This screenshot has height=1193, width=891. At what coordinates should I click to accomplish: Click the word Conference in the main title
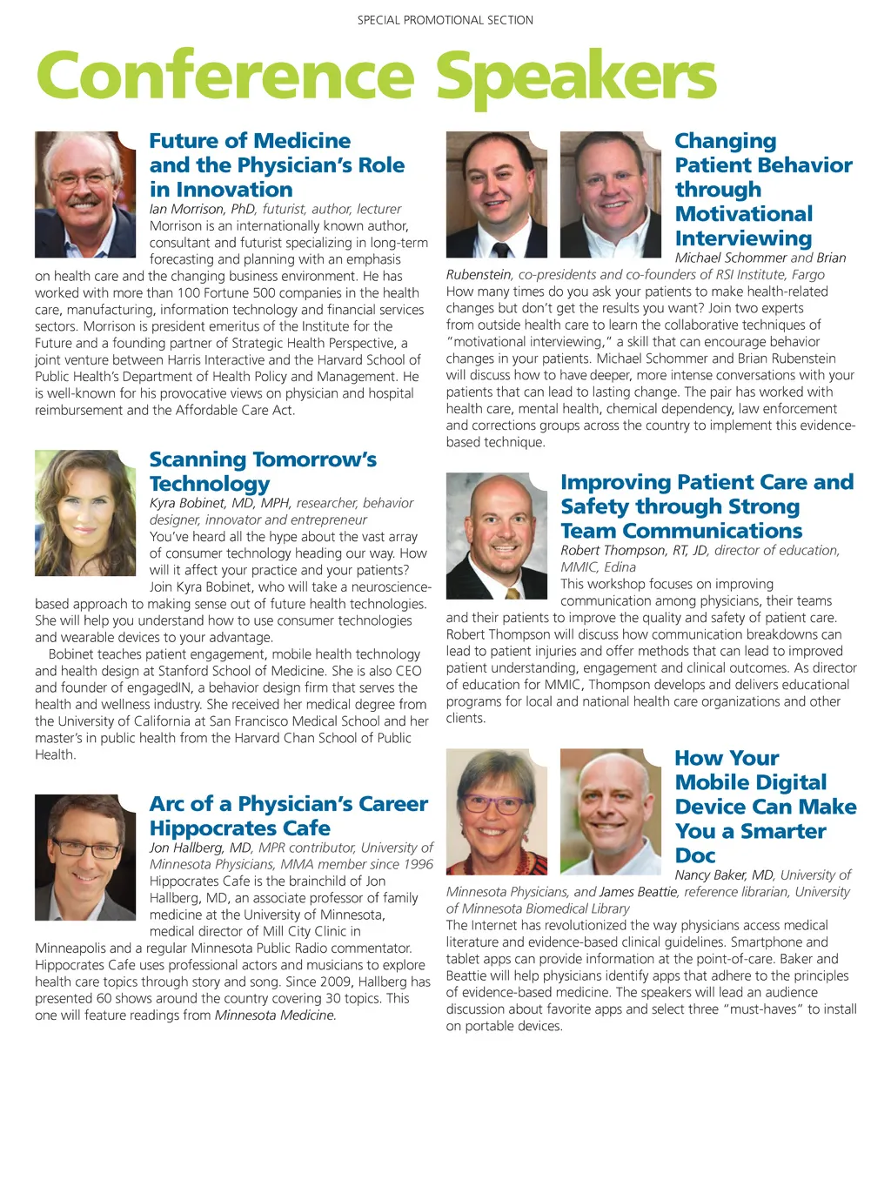pos(224,77)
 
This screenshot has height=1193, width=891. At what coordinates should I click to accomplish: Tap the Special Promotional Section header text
pos(445,20)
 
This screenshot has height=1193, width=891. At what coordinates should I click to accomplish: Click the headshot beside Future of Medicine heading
pos(85,194)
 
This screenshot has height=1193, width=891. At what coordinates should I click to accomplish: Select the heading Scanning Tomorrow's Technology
pos(263,471)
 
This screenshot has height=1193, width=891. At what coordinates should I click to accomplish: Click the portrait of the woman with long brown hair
pos(85,513)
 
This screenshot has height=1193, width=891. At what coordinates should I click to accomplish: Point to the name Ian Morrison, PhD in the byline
pos(203,209)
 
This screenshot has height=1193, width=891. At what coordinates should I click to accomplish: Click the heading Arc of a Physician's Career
pos(289,803)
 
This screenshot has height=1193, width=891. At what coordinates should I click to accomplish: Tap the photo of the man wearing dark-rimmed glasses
pos(85,857)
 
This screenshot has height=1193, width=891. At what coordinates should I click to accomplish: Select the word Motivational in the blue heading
pos(744,214)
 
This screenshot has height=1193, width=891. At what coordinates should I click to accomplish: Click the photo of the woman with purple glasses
pos(497,812)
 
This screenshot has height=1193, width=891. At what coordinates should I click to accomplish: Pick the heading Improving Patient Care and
pos(707,482)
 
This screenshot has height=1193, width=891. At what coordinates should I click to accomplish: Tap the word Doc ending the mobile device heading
pos(695,855)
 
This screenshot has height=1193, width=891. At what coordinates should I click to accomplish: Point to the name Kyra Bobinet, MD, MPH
pos(220,503)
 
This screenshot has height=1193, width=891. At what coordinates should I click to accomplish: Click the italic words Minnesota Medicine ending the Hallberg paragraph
pos(275,1015)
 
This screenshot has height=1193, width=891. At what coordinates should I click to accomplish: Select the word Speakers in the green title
pos(576,77)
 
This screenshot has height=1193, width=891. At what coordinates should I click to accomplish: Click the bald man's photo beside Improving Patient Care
pos(497,535)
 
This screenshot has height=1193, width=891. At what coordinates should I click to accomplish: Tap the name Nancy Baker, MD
pos(724,875)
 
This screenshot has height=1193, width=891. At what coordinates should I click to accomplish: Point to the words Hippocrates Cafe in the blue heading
pos(240,828)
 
